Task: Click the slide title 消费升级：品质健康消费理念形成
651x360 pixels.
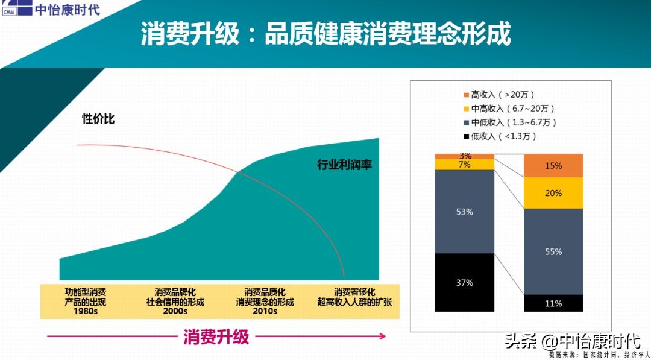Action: tap(325, 34)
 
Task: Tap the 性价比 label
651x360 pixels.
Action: tap(98, 119)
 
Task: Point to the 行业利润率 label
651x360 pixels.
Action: tap(344, 164)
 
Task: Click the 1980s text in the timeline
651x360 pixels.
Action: tap(86, 311)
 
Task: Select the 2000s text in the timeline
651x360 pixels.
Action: tap(175, 311)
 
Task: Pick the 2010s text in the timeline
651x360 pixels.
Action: tap(265, 311)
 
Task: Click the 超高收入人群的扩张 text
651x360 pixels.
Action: tap(354, 302)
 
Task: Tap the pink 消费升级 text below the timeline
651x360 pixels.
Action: tap(216, 336)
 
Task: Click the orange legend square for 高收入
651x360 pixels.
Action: tap(466, 95)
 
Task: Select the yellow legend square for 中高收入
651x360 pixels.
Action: tap(466, 109)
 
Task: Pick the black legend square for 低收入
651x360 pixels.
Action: tap(466, 136)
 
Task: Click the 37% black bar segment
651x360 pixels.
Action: tap(465, 282)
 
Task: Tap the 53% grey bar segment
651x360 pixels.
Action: tap(465, 212)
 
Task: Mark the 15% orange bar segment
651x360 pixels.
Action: tap(553, 166)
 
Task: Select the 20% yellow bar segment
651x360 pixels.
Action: tap(553, 193)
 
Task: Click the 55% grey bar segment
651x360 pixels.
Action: tap(553, 251)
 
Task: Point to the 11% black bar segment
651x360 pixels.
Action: tap(553, 303)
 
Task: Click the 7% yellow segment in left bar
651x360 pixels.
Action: tap(465, 164)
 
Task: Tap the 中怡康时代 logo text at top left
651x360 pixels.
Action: tap(68, 10)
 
